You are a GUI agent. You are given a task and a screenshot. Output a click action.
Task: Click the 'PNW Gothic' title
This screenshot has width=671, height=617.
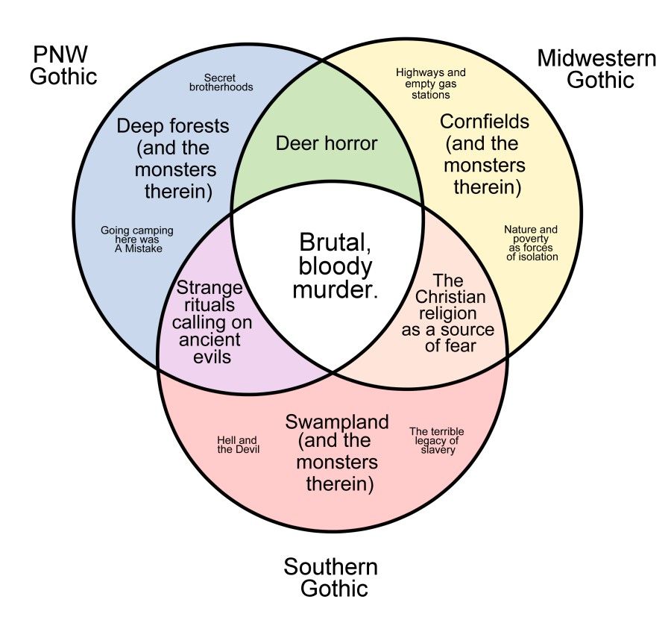pyautogui.click(x=64, y=65)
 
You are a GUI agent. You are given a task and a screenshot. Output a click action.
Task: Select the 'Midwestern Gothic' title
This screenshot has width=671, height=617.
pyautogui.click(x=596, y=68)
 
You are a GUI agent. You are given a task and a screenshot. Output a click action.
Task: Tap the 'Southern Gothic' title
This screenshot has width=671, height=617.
pyautogui.click(x=330, y=577)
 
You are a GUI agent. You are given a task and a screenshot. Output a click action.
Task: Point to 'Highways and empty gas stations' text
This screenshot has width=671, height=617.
pyautogui.click(x=430, y=84)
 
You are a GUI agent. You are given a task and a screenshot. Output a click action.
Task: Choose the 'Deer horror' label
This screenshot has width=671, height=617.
pyautogui.click(x=327, y=142)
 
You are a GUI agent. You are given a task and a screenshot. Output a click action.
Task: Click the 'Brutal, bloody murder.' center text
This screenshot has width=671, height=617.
pyautogui.click(x=335, y=266)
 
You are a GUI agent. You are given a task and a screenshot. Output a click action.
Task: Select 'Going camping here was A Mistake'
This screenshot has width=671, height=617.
pyautogui.click(x=137, y=239)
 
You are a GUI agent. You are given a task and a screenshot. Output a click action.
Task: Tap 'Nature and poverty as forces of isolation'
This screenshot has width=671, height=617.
pyautogui.click(x=531, y=242)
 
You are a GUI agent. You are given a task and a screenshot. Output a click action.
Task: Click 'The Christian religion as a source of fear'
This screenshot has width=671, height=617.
pyautogui.click(x=448, y=313)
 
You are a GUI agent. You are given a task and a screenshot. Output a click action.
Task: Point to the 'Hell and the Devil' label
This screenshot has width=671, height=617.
pyautogui.click(x=238, y=445)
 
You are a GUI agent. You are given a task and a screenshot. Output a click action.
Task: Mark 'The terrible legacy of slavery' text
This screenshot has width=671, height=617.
pyautogui.click(x=437, y=440)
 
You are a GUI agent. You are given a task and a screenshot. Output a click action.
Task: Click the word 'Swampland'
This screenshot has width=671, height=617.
pyautogui.click(x=337, y=422)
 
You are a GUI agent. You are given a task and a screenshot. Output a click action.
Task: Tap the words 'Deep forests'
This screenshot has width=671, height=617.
pyautogui.click(x=173, y=125)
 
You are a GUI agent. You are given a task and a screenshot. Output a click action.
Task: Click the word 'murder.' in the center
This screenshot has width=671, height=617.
pyautogui.click(x=335, y=290)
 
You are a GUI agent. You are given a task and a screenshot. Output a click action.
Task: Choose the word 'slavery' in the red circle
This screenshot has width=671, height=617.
pyautogui.click(x=438, y=450)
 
